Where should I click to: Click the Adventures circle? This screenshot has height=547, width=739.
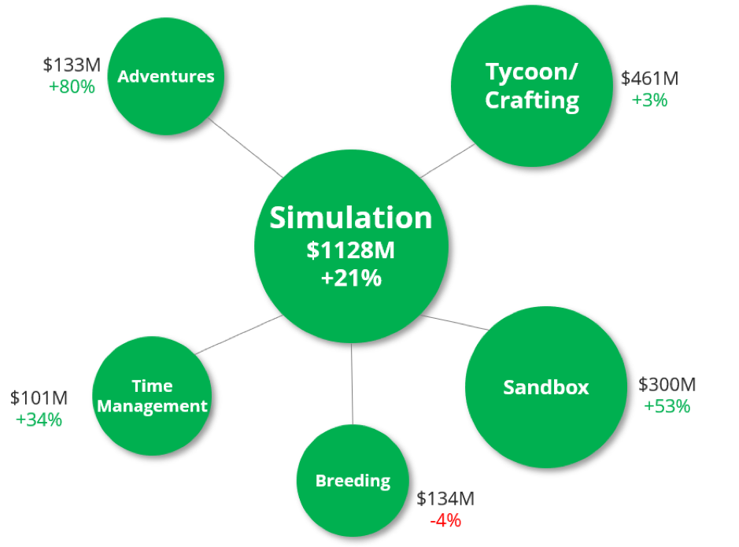165,76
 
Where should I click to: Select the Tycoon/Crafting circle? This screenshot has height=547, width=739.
531,86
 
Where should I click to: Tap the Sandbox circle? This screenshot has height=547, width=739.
546,387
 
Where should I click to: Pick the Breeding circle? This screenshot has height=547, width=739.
353,480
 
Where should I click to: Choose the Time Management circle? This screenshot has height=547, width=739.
152,396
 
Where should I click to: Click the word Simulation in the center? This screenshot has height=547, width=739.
351,218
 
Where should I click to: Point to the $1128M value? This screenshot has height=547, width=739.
351,251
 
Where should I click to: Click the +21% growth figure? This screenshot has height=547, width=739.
351,279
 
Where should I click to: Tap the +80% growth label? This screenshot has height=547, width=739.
72,87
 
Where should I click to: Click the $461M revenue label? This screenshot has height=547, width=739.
649,79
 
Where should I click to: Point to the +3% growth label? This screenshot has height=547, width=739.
649,100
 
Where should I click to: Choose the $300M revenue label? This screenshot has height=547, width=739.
667,385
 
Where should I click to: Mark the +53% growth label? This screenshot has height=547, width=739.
667,406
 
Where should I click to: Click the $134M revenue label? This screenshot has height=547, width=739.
445,499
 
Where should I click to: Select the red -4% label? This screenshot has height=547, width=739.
445,520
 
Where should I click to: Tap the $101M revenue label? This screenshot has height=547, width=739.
39,398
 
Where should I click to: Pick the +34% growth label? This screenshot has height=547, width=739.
39,419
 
